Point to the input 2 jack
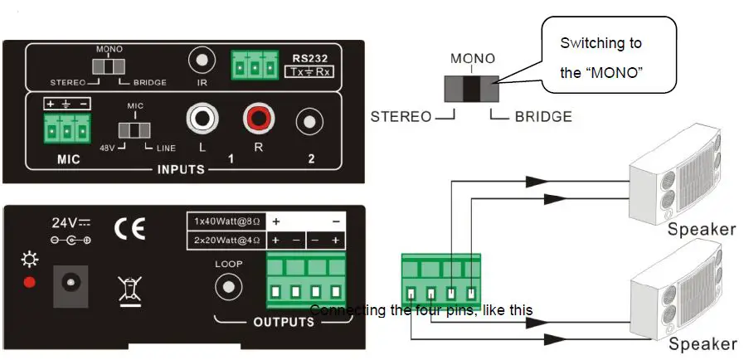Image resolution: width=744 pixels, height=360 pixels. [310, 122]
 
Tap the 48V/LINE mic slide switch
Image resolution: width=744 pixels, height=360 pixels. [134, 130]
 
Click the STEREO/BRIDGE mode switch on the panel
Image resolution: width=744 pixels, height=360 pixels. [109, 66]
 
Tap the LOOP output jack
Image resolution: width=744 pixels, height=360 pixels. [227, 287]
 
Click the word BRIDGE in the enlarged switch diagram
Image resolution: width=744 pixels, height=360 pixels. [543, 117]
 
